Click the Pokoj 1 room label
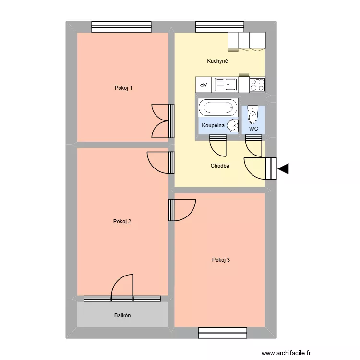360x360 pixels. point(123,88)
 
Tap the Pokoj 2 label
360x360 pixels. point(122,221)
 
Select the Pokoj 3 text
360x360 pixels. point(221,260)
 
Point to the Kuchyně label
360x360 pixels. point(217,61)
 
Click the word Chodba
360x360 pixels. point(220,166)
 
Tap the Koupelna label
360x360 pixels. point(213,125)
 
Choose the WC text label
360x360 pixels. point(253,129)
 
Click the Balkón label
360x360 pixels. point(122,315)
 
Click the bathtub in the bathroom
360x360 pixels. point(218,107)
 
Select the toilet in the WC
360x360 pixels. point(253,116)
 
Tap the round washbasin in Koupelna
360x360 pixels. point(232,126)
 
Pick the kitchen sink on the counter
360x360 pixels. point(226,85)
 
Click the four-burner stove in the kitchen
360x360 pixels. point(257,84)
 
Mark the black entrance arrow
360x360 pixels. point(283,168)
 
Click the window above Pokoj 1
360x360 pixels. point(121,27)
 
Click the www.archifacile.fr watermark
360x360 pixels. point(287,353)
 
